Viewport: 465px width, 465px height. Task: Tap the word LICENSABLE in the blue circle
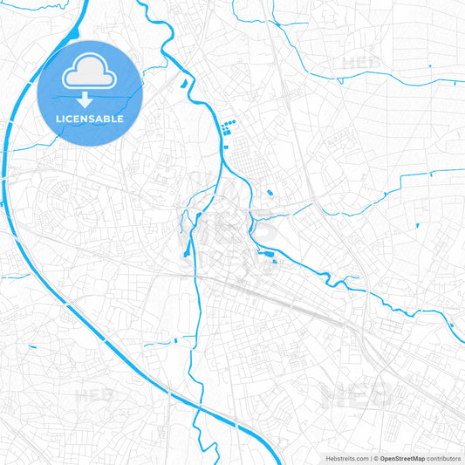coord(89,119)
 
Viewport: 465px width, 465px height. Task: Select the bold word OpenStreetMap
coord(402,458)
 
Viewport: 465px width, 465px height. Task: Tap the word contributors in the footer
coord(443,458)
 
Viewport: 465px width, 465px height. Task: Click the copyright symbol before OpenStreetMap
coord(376,458)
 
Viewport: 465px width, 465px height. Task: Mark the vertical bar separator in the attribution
coord(370,458)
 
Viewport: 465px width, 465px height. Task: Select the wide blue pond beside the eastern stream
coord(271,256)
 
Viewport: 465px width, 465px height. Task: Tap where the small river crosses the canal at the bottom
coord(200,409)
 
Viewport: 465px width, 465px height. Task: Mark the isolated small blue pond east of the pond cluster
coord(270,192)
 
